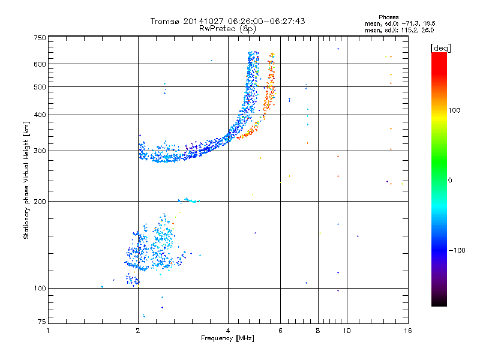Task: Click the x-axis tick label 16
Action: [408, 331]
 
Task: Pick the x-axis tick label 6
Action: [281, 331]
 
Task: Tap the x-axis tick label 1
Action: [48, 331]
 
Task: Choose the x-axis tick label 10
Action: [346, 331]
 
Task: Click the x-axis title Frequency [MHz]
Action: [227, 338]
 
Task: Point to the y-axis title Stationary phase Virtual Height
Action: [26, 180]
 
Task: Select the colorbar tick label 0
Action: [450, 180]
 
